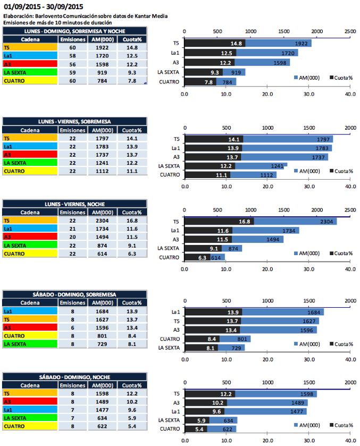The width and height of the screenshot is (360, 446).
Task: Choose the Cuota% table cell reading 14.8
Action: [132, 47]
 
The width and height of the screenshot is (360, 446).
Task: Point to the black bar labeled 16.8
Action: [219, 221]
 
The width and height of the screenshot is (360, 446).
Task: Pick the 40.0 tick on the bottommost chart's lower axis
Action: [350, 441]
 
